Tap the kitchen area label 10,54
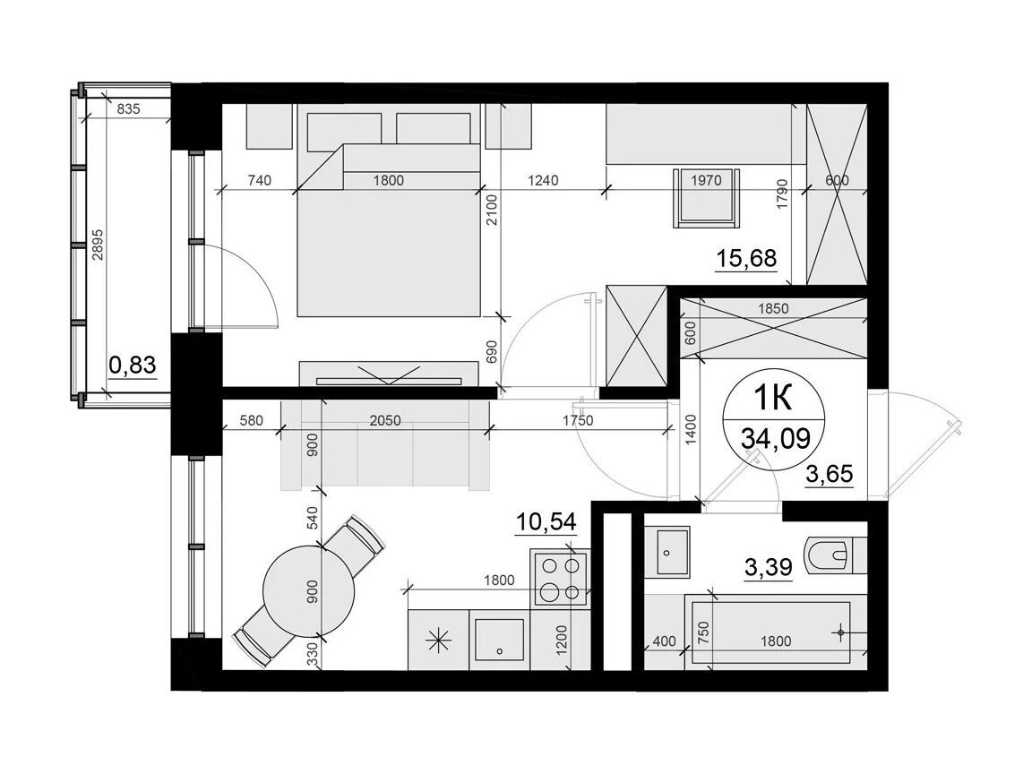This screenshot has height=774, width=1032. [546, 522]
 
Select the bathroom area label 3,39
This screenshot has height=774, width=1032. [768, 566]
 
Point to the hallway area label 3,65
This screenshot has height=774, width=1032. [830, 473]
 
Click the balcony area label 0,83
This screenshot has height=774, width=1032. [133, 364]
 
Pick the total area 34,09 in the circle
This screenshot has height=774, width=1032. [775, 437]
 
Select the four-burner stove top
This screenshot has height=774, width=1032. [559, 578]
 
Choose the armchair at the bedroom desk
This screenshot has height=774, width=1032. [706, 198]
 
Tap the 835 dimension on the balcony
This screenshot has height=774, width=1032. [128, 108]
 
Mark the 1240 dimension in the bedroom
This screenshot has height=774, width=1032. [543, 180]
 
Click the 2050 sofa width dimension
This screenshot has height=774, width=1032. [385, 420]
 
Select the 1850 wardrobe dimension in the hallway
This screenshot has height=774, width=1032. [773, 308]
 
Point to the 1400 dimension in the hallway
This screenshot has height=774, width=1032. [691, 430]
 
